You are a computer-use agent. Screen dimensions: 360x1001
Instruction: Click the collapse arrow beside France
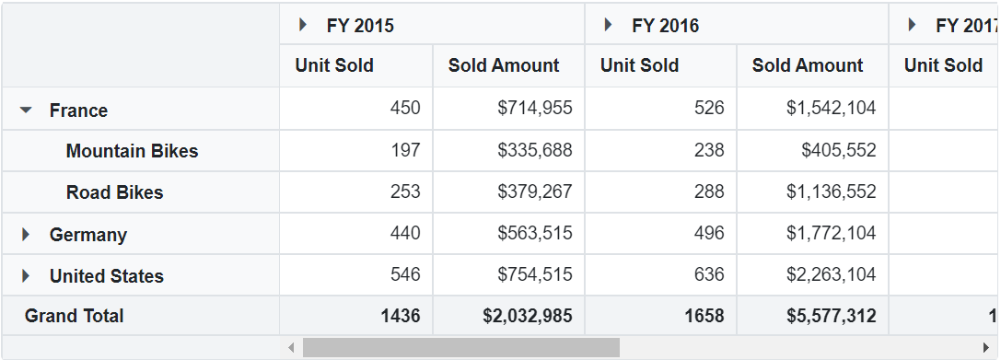tap(26, 110)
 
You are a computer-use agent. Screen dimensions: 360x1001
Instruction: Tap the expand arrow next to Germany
tap(26, 235)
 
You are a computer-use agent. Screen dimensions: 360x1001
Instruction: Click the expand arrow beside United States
tap(26, 276)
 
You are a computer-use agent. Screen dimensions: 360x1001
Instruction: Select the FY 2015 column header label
tap(360, 26)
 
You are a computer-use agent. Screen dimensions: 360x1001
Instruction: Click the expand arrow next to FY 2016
tap(608, 25)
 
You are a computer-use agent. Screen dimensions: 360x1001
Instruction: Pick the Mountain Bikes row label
tap(132, 151)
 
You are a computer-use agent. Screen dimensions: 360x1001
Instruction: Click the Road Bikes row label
tap(114, 192)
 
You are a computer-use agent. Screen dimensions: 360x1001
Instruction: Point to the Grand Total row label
tap(74, 316)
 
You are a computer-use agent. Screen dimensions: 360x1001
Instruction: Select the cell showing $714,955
tap(534, 109)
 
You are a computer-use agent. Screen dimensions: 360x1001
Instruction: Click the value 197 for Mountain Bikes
tap(405, 150)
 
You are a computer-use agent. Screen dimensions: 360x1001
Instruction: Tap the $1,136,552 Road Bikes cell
tap(831, 192)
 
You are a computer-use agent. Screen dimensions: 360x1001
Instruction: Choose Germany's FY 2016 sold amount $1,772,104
tap(831, 234)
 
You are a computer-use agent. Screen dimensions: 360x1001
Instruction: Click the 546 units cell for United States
tap(405, 275)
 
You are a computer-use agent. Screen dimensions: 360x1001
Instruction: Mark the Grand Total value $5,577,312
tap(831, 316)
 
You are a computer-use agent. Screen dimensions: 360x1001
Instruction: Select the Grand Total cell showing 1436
tap(400, 316)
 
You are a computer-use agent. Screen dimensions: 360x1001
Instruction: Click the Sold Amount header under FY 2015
tap(504, 65)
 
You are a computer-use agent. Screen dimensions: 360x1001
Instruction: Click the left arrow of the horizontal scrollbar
tap(292, 348)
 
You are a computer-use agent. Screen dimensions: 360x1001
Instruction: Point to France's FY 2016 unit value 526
tap(709, 109)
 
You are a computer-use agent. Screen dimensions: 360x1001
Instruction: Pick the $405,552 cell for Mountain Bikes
tap(838, 150)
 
